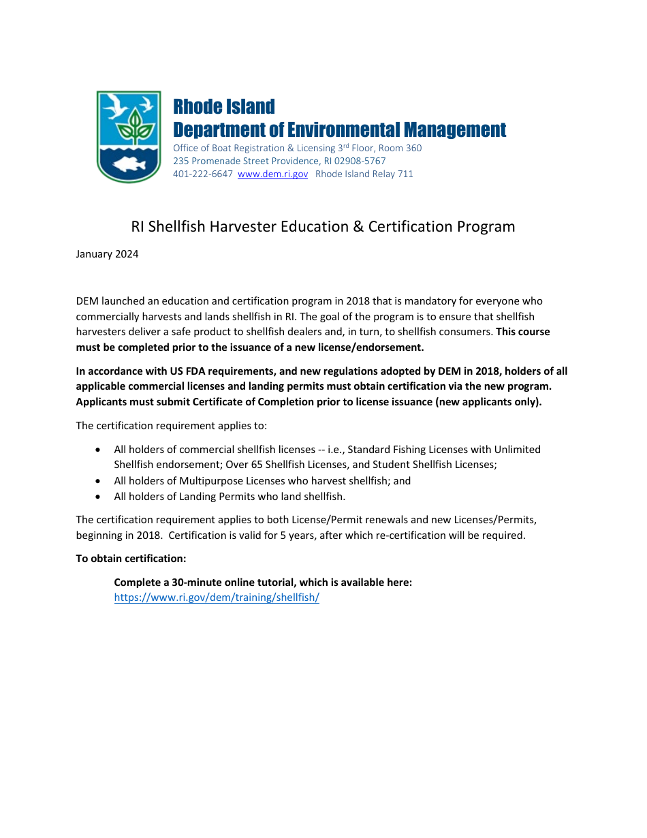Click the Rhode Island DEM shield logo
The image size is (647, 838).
click(x=129, y=136)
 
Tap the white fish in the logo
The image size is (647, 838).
click(x=129, y=164)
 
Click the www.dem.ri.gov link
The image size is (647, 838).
click(x=272, y=174)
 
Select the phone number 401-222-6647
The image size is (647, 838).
click(x=202, y=174)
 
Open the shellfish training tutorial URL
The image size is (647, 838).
click(x=217, y=598)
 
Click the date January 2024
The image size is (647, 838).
click(x=107, y=254)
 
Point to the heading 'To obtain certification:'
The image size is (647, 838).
click(x=131, y=559)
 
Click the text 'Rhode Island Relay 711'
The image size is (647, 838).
click(x=364, y=174)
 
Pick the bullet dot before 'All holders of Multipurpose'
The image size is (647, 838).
click(x=99, y=481)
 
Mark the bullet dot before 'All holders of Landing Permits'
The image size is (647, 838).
click(x=99, y=497)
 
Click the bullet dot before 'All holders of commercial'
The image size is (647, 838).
click(x=99, y=450)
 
